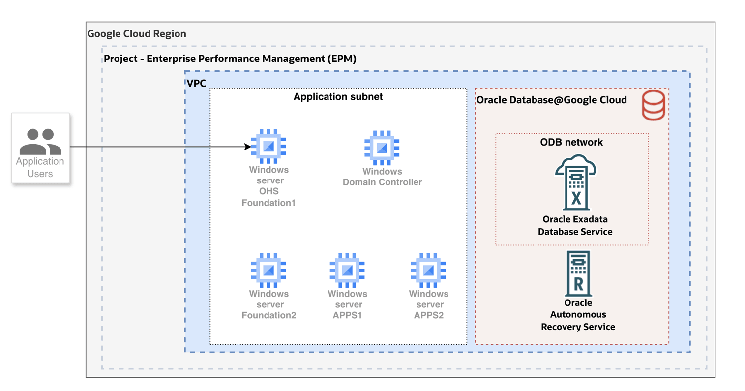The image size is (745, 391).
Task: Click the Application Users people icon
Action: coord(40,142)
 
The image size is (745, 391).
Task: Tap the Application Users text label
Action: coord(40,167)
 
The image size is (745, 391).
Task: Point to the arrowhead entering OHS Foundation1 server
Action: coord(248,147)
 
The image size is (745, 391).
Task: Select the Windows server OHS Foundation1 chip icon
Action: coord(268,146)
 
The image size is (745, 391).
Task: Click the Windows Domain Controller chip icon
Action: coord(382,148)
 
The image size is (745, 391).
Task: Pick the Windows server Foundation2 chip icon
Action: coord(268,270)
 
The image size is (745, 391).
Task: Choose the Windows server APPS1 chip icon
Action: coord(347,270)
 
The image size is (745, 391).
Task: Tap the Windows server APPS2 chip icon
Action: coord(428,270)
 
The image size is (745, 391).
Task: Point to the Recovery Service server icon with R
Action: coord(578,273)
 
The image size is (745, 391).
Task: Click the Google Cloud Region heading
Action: coord(137,34)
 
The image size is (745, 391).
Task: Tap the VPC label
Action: coord(196,83)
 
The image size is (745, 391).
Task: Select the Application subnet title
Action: coord(338,97)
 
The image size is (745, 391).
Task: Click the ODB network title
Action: coord(571,142)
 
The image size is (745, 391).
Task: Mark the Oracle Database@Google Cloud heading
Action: coord(552,100)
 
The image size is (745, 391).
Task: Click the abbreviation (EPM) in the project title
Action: coord(342,59)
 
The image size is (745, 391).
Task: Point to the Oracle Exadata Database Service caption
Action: coord(575,225)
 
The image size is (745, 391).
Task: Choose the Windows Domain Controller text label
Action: coord(382,177)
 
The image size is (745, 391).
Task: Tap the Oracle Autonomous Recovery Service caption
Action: coord(578,315)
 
